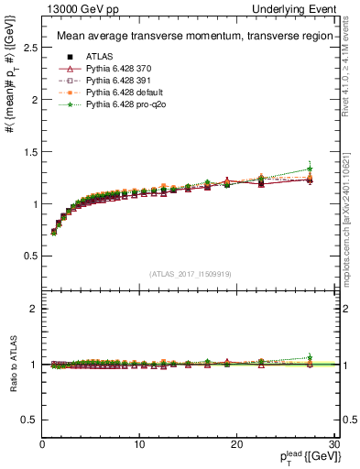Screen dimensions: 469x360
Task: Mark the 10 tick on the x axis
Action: pyautogui.click(x=139, y=444)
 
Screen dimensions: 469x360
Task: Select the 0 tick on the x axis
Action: pyautogui.click(x=42, y=444)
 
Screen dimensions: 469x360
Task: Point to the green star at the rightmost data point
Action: pyautogui.click(x=310, y=169)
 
